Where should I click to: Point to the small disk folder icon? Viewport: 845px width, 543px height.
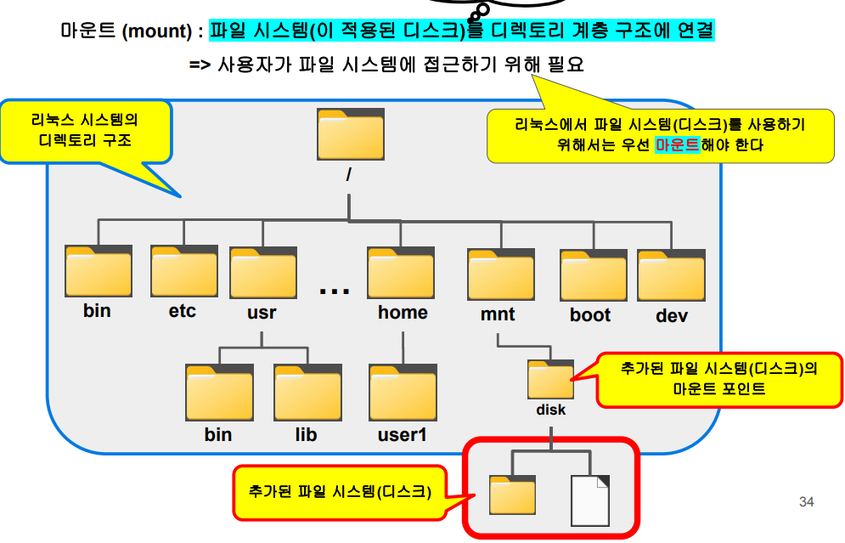(x=550, y=379)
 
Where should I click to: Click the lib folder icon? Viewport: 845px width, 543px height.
(x=307, y=393)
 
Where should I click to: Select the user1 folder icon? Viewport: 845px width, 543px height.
(x=402, y=393)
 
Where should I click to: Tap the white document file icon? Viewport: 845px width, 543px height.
(x=589, y=500)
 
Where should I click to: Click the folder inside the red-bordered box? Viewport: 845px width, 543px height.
(x=513, y=494)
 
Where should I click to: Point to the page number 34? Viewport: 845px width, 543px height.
(x=806, y=502)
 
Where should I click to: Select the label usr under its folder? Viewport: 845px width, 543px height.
(x=262, y=312)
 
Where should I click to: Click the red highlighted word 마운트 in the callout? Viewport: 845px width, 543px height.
(x=677, y=144)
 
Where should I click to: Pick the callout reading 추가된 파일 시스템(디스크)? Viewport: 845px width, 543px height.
(x=340, y=492)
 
